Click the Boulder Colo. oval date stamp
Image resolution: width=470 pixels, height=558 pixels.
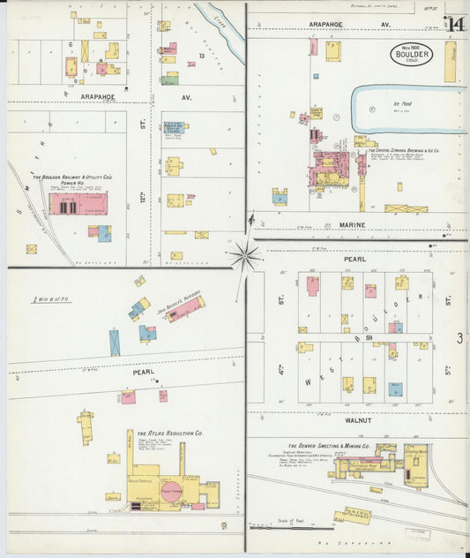(x=411, y=55)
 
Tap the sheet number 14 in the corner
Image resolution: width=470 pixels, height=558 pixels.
(x=455, y=24)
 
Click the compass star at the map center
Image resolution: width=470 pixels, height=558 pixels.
(x=243, y=257)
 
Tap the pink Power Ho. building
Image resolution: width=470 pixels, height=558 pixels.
(x=78, y=205)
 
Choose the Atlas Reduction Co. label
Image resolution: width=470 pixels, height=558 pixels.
(x=170, y=434)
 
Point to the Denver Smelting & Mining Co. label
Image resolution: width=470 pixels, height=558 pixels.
(x=332, y=446)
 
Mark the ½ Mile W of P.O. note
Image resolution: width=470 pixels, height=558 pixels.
(x=52, y=300)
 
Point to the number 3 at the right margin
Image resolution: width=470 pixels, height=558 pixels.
(x=459, y=337)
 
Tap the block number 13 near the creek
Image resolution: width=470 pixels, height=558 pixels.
(x=202, y=57)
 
